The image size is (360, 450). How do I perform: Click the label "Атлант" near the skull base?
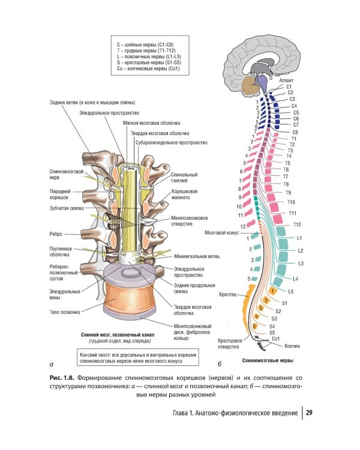coord(286,79)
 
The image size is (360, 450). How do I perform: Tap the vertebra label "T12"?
coord(296,224)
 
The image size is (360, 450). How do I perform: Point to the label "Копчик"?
coord(292,346)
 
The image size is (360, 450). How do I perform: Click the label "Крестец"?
coord(228,293)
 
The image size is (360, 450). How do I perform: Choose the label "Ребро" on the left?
coord(58,234)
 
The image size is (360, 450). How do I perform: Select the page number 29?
coord(310,413)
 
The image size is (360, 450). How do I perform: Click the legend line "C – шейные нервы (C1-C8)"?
coord(149,44)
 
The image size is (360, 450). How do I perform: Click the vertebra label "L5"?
coord(290,291)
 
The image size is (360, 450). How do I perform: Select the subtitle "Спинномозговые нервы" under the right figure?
coord(268,361)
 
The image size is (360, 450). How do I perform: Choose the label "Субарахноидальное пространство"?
coord(172,143)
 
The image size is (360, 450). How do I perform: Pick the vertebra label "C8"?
coord(295,132)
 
